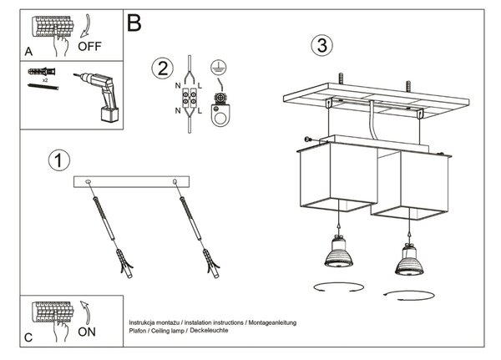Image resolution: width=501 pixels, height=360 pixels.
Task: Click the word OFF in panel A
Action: [89, 47]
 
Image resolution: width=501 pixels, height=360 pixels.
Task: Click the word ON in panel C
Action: [87, 332]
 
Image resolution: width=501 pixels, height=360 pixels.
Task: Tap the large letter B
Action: [134, 23]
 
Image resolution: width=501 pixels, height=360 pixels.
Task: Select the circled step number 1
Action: [59, 160]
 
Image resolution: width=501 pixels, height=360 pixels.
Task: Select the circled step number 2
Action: [162, 68]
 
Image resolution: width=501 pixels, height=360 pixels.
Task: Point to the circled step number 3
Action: [321, 45]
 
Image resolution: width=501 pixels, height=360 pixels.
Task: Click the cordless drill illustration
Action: [98, 97]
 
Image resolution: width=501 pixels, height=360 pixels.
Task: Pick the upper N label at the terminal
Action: [178, 86]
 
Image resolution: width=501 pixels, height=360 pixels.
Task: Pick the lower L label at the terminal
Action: [200, 111]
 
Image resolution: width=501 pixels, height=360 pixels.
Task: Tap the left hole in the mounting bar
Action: [89, 182]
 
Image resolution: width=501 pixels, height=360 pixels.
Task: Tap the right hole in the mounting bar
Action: [175, 182]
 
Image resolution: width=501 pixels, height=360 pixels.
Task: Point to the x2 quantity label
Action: [45, 80]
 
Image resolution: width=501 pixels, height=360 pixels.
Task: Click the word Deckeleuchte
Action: [209, 330]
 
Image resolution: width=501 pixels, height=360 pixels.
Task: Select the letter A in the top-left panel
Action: [28, 52]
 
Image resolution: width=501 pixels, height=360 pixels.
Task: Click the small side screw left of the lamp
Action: [308, 139]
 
